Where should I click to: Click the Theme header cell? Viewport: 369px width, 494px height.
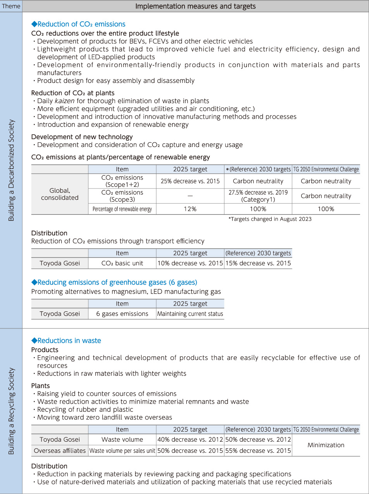tap(11, 6)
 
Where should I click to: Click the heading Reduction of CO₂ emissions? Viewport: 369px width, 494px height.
tap(78, 24)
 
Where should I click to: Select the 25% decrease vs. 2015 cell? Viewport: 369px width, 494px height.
tap(190, 181)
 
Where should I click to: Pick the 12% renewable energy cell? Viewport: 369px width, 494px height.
tap(190, 209)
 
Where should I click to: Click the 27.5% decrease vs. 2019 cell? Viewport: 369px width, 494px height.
tap(258, 196)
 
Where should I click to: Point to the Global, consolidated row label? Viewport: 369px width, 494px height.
tap(60, 194)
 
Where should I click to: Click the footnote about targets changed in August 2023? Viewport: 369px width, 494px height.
tap(270, 219)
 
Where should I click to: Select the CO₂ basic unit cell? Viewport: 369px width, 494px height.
tap(122, 263)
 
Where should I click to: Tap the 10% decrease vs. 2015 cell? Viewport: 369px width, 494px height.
tap(190, 263)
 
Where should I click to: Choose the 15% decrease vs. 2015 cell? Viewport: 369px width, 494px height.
tap(258, 263)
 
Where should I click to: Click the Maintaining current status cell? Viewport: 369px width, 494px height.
tap(190, 314)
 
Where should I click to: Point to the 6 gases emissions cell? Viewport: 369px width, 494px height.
tap(122, 314)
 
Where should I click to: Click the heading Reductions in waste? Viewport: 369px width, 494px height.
tap(66, 340)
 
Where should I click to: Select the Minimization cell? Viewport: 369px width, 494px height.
tap(326, 445)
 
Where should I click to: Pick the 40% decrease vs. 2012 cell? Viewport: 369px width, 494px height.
tap(190, 440)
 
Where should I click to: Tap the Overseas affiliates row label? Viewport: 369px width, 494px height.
tap(60, 451)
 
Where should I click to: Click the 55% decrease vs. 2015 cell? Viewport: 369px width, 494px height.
tap(258, 451)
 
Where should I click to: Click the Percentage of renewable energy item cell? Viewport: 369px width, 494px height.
tap(122, 209)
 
